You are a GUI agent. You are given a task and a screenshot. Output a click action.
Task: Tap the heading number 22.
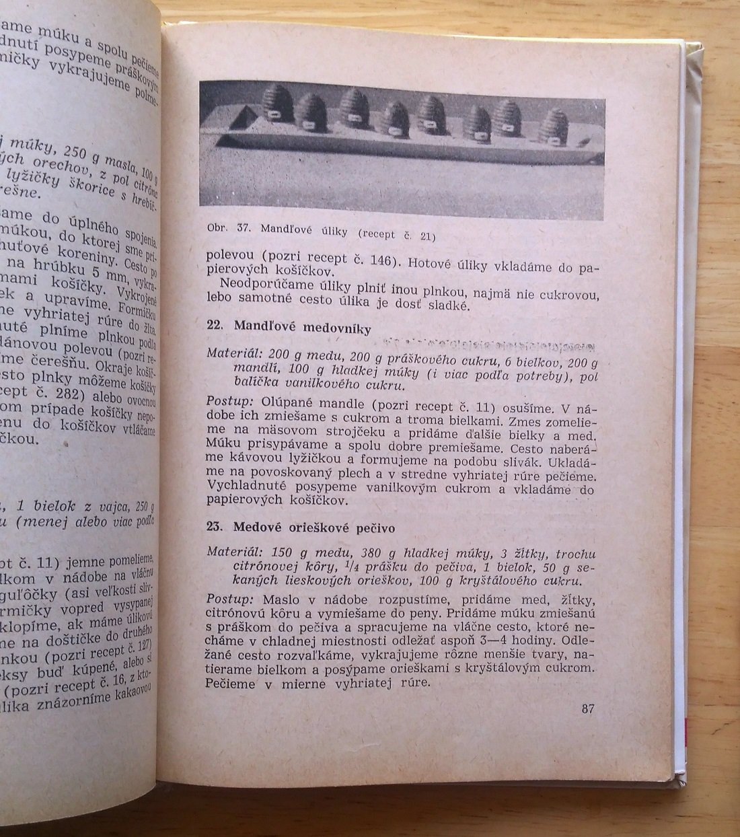point(214,326)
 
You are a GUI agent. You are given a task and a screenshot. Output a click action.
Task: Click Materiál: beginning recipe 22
point(233,353)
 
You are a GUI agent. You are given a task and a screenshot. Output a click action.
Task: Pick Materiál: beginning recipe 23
point(233,552)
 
